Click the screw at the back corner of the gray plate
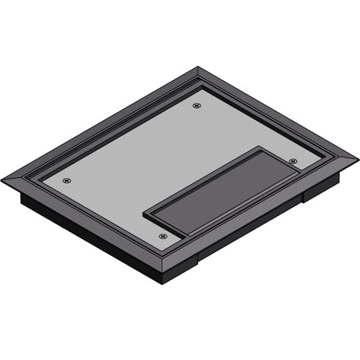coord(196,105)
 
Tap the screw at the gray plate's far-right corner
coord(293,161)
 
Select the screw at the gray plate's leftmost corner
coord(66,180)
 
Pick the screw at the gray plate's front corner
coord(162,235)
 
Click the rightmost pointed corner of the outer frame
coord(357,161)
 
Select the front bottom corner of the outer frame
coord(162,269)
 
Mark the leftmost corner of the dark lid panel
coord(145,213)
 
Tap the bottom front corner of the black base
coord(162,283)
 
